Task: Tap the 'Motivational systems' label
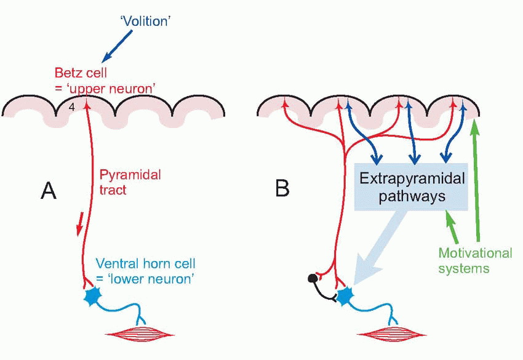point(475,260)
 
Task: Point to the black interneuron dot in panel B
point(313,279)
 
